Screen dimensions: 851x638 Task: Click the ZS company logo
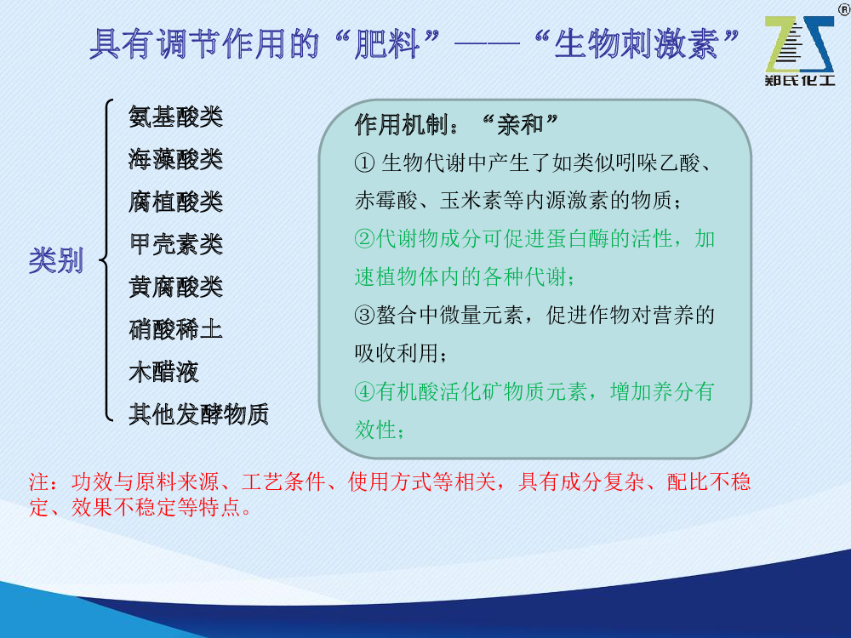(799, 50)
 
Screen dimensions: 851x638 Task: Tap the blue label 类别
(56, 260)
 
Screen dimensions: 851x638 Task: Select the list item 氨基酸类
(176, 117)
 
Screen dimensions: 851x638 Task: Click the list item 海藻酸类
(176, 159)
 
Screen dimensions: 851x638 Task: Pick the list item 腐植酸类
(176, 202)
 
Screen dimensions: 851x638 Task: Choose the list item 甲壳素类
(176, 244)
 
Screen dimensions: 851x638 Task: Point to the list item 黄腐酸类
(176, 287)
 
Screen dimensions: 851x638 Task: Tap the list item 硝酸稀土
(176, 329)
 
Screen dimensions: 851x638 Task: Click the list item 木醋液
(164, 372)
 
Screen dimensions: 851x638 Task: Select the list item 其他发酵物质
(198, 414)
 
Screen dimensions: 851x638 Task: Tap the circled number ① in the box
(365, 162)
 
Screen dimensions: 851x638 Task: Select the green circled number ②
(365, 239)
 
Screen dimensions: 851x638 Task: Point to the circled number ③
(365, 316)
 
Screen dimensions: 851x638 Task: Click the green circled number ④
(365, 391)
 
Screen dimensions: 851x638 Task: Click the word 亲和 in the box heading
(520, 125)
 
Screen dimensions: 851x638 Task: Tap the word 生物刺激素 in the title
(636, 43)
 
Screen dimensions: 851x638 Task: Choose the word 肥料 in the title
(387, 43)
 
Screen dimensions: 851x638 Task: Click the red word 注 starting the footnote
(39, 481)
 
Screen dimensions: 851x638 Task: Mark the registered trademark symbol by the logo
(845, 9)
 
